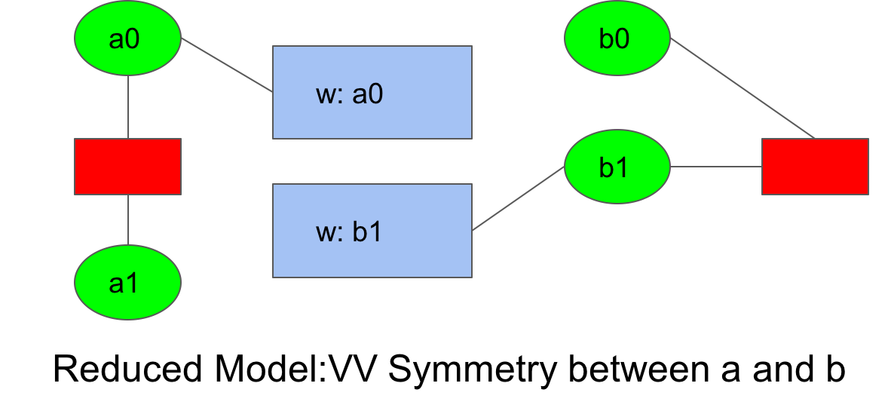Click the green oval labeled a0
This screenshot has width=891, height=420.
pyautogui.click(x=127, y=38)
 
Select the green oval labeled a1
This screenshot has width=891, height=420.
pyautogui.click(x=127, y=282)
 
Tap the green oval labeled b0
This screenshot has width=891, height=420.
pyautogui.click(x=617, y=38)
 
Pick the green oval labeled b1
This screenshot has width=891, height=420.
pyautogui.click(x=617, y=167)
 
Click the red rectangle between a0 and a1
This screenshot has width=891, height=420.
pyautogui.click(x=127, y=167)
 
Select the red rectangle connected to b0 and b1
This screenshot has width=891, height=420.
pyautogui.click(x=815, y=167)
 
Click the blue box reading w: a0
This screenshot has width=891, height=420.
pyautogui.click(x=372, y=92)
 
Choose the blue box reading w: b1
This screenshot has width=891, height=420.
pyautogui.click(x=372, y=231)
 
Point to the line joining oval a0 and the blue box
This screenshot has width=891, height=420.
pyautogui.click(x=226, y=65)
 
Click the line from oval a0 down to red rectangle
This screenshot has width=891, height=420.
pyautogui.click(x=128, y=106)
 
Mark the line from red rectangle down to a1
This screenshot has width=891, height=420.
pyautogui.click(x=128, y=219)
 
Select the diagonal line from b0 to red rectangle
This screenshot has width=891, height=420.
pyautogui.click(x=742, y=88)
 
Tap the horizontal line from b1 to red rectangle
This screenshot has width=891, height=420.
pyautogui.click(x=715, y=167)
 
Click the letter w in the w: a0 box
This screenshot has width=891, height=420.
pyautogui.click(x=326, y=96)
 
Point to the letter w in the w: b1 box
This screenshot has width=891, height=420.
pyautogui.click(x=326, y=234)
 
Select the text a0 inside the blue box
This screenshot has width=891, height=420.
pyautogui.click(x=368, y=95)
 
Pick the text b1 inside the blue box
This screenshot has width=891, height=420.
pyautogui.click(x=368, y=233)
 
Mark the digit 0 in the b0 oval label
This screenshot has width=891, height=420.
pyautogui.click(x=623, y=39)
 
